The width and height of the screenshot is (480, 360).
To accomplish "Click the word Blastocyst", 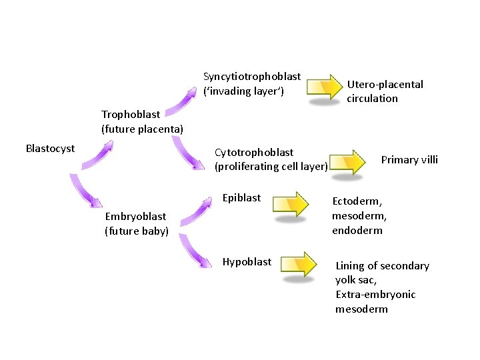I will pyautogui.click(x=50, y=148).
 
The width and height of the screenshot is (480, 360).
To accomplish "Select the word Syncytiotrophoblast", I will pyautogui.click(x=252, y=77).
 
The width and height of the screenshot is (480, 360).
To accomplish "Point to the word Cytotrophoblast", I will pyautogui.click(x=254, y=153).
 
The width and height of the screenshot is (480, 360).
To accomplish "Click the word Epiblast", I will pyautogui.click(x=242, y=197).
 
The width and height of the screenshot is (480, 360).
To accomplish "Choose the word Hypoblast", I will pyautogui.click(x=247, y=261).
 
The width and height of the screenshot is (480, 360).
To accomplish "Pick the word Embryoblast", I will pyautogui.click(x=136, y=216).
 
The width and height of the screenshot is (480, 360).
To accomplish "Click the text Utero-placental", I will pyautogui.click(x=385, y=84).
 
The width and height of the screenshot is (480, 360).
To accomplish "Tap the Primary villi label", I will pyautogui.click(x=409, y=159).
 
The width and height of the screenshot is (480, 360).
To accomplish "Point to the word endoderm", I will pyautogui.click(x=357, y=230).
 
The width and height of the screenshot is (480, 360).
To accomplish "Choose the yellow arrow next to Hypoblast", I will pyautogui.click(x=298, y=263).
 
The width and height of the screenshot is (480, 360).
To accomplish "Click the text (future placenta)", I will pyautogui.click(x=142, y=128).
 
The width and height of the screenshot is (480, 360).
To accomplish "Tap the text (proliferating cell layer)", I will pyautogui.click(x=271, y=167).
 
